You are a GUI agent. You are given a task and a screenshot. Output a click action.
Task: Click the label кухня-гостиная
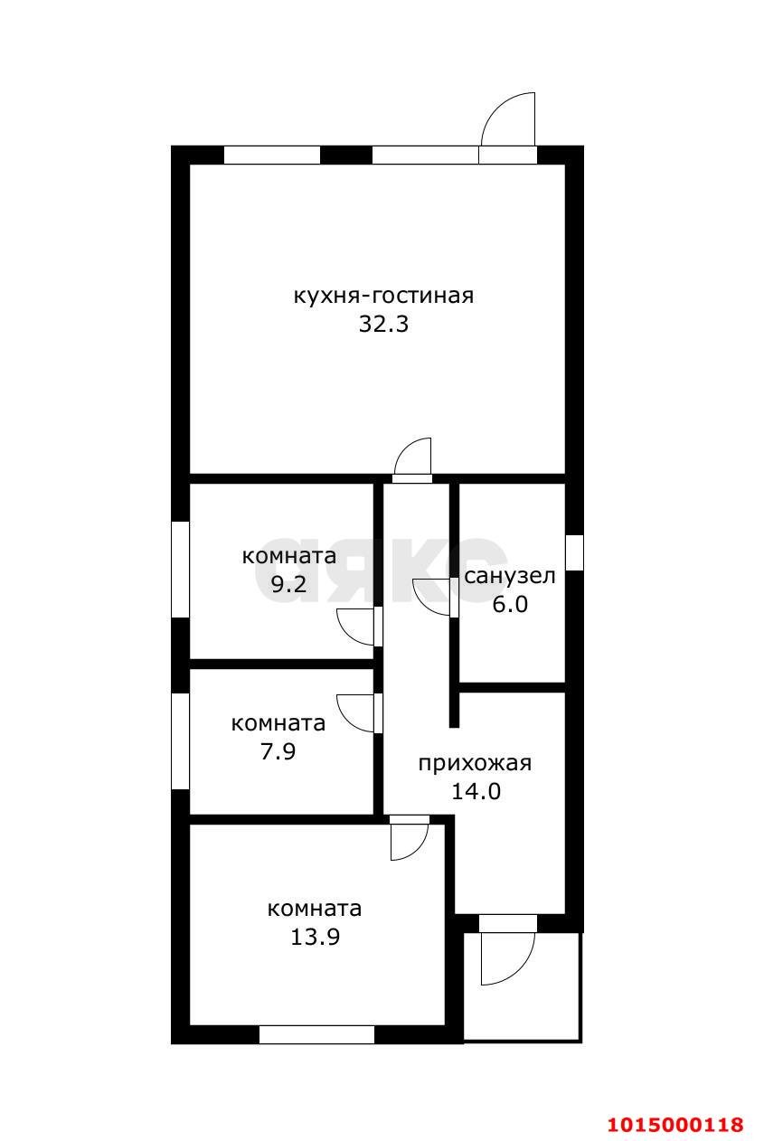coord(383,296)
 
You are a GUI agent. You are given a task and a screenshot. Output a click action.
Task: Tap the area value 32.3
coord(383,325)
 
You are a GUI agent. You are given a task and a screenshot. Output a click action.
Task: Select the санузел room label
coord(509,575)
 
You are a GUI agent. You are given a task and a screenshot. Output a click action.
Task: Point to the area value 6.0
coord(509,604)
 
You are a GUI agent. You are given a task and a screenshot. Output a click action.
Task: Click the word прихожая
coord(474,763)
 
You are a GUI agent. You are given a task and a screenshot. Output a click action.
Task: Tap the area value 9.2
coord(288,585)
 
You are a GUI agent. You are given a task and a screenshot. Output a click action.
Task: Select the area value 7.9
coord(278,751)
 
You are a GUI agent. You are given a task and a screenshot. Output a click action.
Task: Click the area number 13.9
coord(315,937)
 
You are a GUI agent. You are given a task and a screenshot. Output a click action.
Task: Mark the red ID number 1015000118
coord(674,1125)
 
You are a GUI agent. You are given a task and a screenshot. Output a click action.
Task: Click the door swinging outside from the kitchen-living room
coord(509,122)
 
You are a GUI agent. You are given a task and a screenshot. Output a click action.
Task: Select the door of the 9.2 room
coord(357,627)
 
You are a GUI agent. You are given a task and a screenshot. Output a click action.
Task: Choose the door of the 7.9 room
coord(357,712)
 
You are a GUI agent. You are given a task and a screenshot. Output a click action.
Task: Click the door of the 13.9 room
coord(409,839)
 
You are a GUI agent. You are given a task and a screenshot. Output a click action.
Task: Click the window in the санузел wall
coord(574,552)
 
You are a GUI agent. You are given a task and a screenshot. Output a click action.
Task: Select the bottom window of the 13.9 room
coord(316,1034)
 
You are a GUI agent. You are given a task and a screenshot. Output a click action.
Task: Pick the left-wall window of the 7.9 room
coord(180,740)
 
